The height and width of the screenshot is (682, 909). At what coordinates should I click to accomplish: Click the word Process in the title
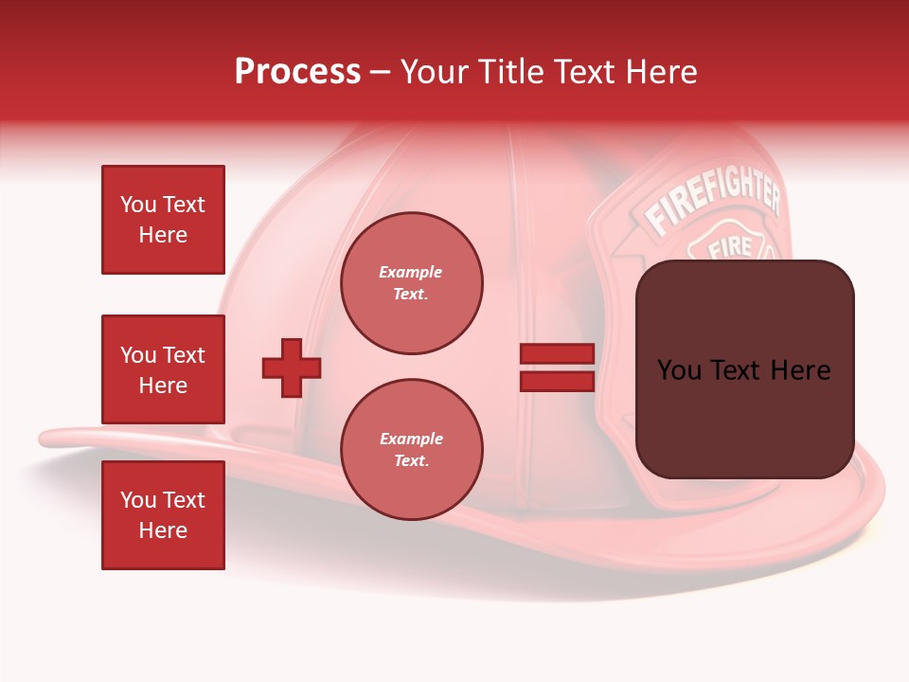(x=297, y=71)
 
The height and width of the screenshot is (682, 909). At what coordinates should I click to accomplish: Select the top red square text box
(x=163, y=220)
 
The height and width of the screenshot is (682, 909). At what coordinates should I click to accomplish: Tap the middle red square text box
(x=163, y=369)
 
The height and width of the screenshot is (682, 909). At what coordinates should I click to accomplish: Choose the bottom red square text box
(x=163, y=514)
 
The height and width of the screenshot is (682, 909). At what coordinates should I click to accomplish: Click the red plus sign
(x=292, y=368)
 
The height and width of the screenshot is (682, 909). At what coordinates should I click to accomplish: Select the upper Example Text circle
(x=411, y=283)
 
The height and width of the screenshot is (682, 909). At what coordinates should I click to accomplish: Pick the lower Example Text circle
(x=411, y=450)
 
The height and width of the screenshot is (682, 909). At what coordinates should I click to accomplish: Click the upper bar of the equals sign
(x=557, y=354)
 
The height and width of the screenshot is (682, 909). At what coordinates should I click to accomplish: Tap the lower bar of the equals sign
(x=557, y=381)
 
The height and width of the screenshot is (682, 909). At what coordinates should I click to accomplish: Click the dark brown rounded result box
(x=744, y=369)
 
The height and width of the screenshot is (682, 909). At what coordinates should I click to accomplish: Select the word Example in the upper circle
(x=411, y=272)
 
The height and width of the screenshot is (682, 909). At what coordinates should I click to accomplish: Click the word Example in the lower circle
(x=411, y=439)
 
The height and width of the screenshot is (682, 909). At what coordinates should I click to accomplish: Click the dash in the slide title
(x=380, y=72)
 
